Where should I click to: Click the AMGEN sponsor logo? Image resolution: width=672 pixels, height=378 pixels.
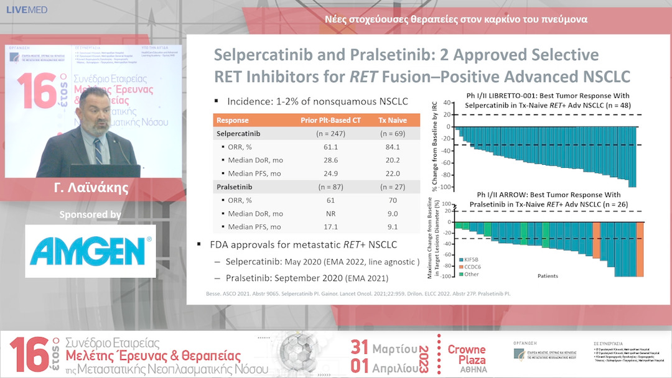(90, 251)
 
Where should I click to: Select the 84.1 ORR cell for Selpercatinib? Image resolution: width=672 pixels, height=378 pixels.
(392, 147)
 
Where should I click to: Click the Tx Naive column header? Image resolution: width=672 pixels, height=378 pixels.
(392, 120)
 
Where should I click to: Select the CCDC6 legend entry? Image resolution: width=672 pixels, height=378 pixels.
(472, 266)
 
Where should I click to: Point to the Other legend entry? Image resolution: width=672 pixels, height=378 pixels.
(470, 274)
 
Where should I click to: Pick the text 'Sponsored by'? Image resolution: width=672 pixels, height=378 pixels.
(90, 214)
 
